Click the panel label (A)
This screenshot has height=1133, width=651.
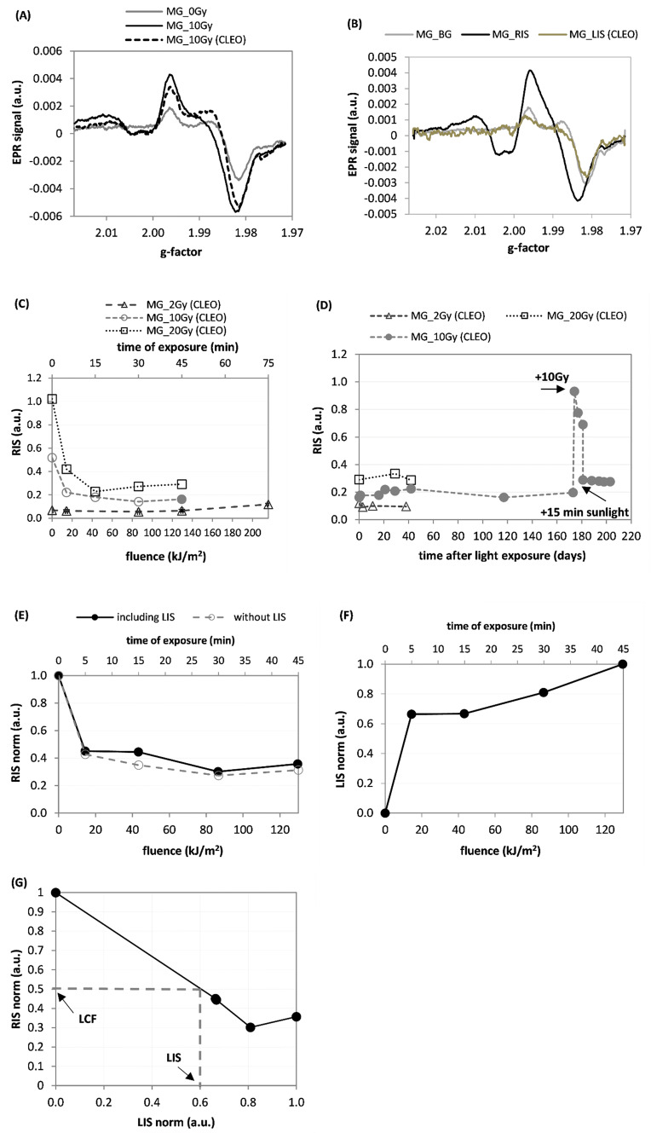(x=17, y=13)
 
